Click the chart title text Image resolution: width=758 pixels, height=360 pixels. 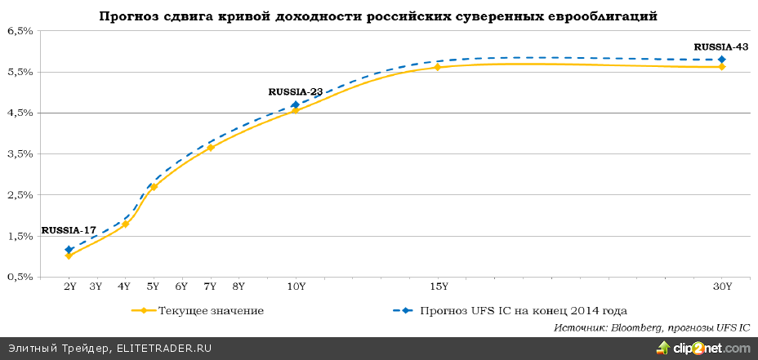pos(378,16)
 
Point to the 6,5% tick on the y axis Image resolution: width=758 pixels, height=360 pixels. pos(20,31)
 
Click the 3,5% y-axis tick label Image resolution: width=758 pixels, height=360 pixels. pos(20,154)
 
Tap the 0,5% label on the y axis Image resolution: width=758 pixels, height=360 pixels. pos(20,278)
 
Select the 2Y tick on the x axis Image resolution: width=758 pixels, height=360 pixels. pos(69,287)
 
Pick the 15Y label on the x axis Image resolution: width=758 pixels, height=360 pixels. pos(438,287)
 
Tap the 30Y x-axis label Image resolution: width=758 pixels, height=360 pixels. pos(722,287)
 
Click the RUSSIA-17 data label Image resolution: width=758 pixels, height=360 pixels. pos(68,231)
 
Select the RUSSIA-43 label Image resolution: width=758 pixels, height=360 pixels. pos(720,47)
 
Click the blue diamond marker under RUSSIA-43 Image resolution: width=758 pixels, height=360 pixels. pos(722,60)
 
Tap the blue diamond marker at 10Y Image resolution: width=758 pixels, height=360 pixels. pos(296,104)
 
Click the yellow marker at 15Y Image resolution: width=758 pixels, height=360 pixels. pos(438,67)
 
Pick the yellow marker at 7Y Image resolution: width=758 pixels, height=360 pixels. pos(211,148)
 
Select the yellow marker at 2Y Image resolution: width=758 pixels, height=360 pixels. pos(69,256)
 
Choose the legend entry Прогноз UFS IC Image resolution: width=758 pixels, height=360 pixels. pos(523,310)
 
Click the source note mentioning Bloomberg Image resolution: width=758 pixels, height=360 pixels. pos(651,327)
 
